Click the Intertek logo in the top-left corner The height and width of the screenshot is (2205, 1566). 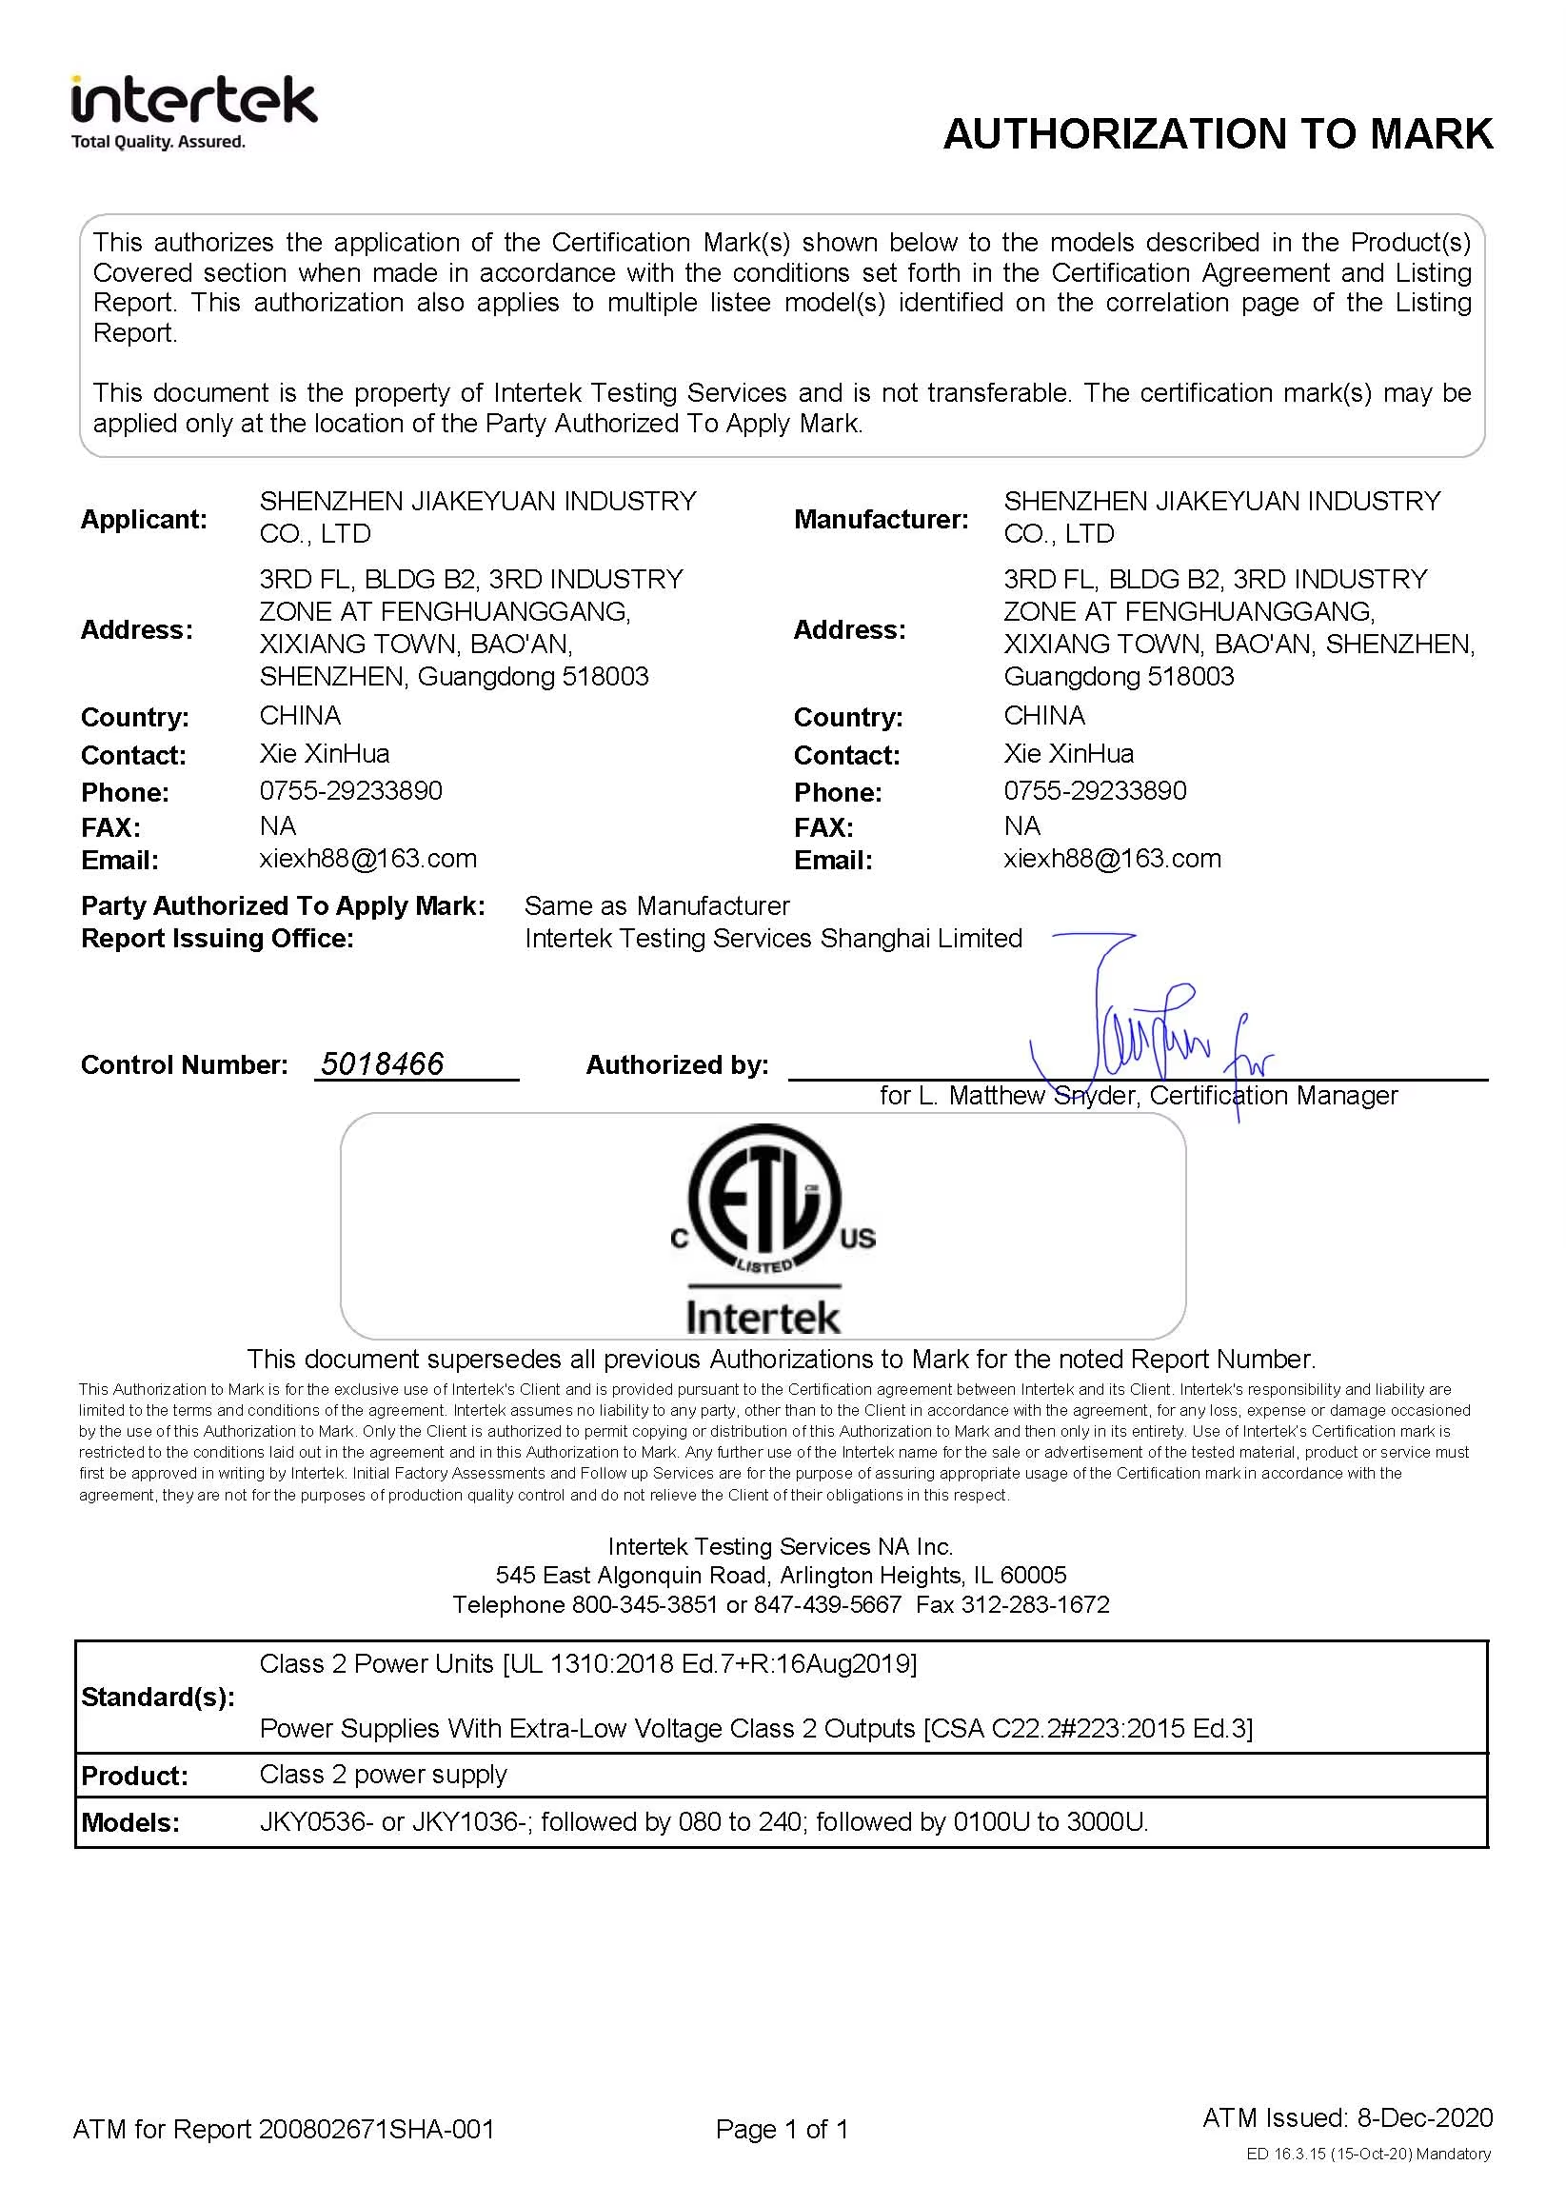[x=194, y=102]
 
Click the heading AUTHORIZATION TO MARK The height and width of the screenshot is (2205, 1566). [x=1217, y=134]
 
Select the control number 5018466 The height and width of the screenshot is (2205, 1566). [x=382, y=1063]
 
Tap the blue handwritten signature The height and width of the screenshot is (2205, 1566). [x=1147, y=1037]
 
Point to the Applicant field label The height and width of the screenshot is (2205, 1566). [x=144, y=520]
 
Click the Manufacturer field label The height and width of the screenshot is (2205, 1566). [x=881, y=520]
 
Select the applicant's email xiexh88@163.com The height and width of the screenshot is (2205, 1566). [x=367, y=858]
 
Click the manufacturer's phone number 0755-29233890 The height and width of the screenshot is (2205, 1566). [x=1095, y=790]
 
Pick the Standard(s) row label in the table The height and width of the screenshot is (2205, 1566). [x=157, y=1697]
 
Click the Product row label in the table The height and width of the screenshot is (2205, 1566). [x=134, y=1776]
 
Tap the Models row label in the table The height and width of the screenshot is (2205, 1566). [x=130, y=1822]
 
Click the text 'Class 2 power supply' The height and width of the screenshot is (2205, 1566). [x=383, y=1774]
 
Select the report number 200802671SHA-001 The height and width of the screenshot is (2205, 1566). [x=376, y=2129]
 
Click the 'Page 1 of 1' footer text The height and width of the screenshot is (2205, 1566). [x=781, y=2129]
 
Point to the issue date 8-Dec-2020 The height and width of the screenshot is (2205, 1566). [x=1424, y=2117]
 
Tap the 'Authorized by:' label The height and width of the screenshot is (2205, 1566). [x=677, y=1064]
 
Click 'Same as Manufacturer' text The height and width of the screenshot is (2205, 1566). [x=657, y=905]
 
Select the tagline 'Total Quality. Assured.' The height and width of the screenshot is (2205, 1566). [x=158, y=142]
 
